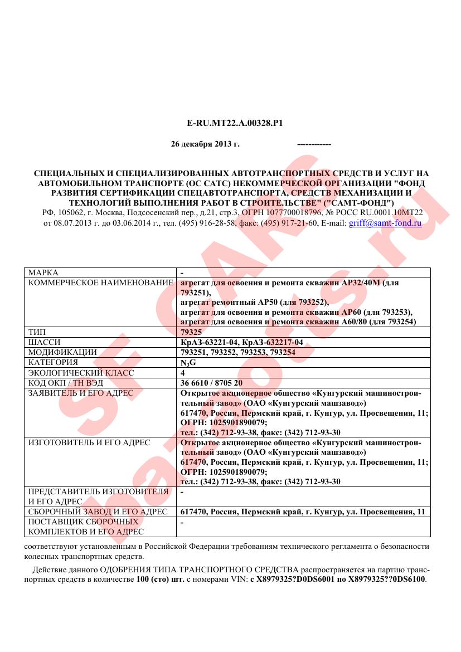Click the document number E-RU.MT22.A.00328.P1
pyautogui.click(x=231, y=122)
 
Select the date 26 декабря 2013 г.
pyautogui.click(x=205, y=144)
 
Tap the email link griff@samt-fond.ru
pyautogui.click(x=385, y=222)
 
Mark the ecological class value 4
pyautogui.click(x=183, y=372)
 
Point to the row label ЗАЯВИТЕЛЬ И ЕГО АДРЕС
pyautogui.click(x=81, y=393)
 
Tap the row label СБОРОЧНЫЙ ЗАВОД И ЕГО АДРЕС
pyautogui.click(x=98, y=512)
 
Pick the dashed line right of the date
pyautogui.click(x=314, y=144)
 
